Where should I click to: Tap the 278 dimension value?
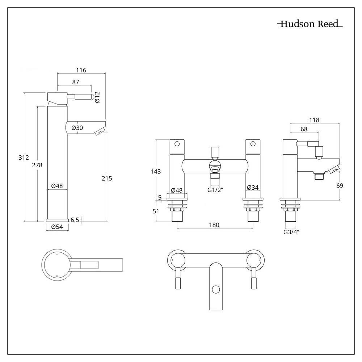[x=37, y=165]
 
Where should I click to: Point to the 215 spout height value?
[x=107, y=178]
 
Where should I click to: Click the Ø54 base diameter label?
[x=57, y=227]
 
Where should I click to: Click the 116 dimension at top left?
[x=81, y=70]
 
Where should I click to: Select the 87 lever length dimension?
[x=75, y=82]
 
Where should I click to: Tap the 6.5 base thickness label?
[x=75, y=219]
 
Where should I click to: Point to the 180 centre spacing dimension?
[x=214, y=225]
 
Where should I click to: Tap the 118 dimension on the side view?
[x=315, y=120]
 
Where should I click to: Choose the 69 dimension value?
[x=340, y=185]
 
